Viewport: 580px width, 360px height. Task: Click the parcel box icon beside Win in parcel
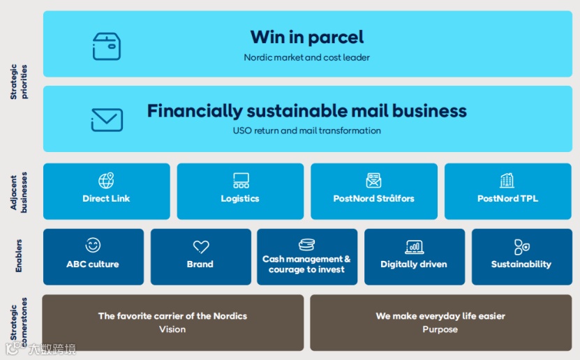(x=107, y=46)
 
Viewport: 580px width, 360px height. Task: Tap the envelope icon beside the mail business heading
(x=107, y=120)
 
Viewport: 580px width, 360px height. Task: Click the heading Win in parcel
(x=307, y=37)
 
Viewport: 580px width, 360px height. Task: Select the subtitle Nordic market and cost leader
(x=307, y=57)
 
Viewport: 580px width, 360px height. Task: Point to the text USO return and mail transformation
(x=307, y=130)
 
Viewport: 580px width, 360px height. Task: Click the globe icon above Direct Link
(x=106, y=181)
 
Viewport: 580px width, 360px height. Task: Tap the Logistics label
(x=240, y=199)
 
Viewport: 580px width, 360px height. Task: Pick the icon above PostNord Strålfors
(x=374, y=181)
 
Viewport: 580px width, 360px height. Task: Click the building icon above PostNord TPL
(x=507, y=181)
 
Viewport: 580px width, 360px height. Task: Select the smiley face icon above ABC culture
(x=93, y=246)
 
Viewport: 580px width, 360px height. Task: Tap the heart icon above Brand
(x=200, y=246)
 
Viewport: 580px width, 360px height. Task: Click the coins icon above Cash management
(x=306, y=245)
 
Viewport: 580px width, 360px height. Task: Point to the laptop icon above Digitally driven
(x=414, y=246)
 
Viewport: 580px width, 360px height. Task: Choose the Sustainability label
(x=521, y=264)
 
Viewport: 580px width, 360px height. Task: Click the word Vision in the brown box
(x=172, y=329)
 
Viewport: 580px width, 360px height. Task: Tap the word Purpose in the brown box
(x=440, y=329)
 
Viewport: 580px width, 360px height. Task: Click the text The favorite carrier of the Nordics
(x=172, y=316)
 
